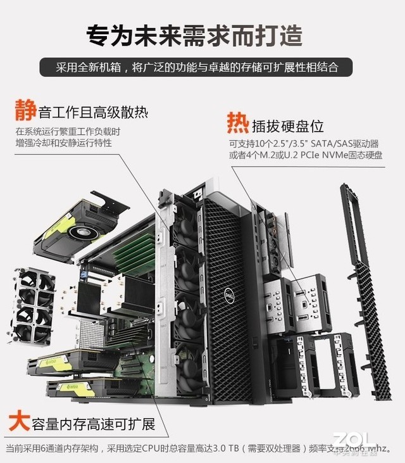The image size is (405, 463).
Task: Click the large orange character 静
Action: tap(25, 111)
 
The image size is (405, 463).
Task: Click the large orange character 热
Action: tap(238, 121)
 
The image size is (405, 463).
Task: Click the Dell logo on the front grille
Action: tap(228, 295)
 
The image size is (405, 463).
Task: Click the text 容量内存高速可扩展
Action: tap(96, 423)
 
